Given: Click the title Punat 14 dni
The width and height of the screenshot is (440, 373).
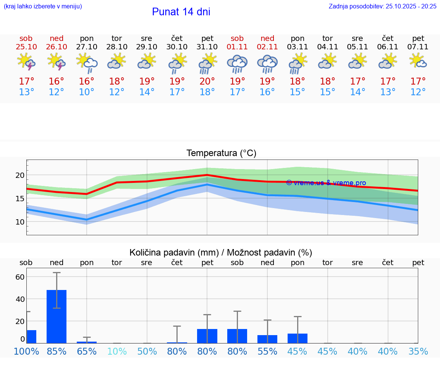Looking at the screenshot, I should [181, 12].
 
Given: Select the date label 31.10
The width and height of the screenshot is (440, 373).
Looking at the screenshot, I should [207, 47].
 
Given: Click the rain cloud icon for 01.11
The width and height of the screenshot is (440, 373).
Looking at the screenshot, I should [237, 64].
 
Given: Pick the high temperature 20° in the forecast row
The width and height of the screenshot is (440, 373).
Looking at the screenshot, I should [207, 81].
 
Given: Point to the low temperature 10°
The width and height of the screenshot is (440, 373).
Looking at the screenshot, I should [87, 92].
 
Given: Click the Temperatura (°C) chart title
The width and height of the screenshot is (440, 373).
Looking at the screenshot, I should [221, 153].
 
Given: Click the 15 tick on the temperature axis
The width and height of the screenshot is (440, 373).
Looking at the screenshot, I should [20, 199].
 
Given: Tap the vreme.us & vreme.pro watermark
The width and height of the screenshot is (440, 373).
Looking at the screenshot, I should [326, 183].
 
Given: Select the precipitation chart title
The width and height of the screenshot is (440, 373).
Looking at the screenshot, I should [221, 252].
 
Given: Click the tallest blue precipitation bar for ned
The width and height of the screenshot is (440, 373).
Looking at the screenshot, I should [57, 316].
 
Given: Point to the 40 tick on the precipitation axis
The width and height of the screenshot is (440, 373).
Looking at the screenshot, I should [20, 299].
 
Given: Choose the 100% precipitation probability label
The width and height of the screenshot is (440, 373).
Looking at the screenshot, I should [26, 352].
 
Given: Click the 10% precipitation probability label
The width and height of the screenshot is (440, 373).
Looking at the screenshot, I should [116, 352].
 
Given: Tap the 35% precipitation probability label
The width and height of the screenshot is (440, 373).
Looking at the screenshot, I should [418, 352].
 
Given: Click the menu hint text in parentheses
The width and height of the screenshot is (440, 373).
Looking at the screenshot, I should [43, 6].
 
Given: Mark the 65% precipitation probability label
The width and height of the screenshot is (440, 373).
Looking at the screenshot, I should [87, 352].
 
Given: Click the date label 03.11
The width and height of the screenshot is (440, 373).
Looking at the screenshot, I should [298, 47].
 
